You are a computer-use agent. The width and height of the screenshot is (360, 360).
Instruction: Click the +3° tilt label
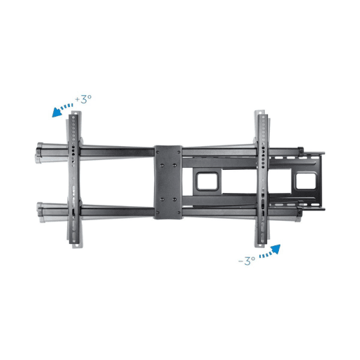click(x=83, y=99)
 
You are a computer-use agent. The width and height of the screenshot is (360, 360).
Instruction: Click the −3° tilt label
click(x=247, y=261)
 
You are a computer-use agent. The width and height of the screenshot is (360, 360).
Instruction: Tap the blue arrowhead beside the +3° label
click(x=57, y=112)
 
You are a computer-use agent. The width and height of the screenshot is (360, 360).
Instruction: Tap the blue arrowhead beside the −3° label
click(x=275, y=249)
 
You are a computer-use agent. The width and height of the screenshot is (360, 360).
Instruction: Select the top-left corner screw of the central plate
click(x=157, y=152)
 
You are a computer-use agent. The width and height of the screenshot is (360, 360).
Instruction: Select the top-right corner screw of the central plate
click(x=178, y=152)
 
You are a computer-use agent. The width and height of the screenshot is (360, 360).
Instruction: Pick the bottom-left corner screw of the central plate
click(x=158, y=213)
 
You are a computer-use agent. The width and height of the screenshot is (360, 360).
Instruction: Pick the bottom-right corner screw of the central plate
click(x=179, y=213)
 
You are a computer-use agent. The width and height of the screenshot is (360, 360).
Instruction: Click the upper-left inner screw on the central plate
click(x=162, y=165)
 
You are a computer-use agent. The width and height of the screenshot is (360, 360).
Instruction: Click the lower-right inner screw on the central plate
click(x=175, y=199)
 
